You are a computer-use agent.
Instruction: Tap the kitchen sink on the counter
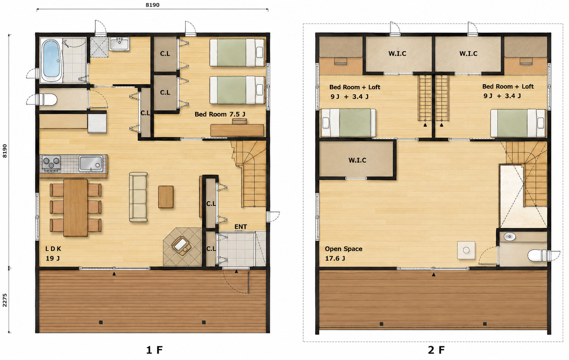91,164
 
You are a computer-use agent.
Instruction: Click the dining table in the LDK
75,208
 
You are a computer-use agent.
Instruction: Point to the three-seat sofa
138,197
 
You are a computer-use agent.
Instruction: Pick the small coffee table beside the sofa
166,197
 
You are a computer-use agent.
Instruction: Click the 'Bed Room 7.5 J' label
220,114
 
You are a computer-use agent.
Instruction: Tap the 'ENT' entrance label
241,227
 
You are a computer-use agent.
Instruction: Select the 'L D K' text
53,249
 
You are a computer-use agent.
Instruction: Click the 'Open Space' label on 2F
343,249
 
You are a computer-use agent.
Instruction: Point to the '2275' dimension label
5,300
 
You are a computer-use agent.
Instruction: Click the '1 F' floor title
154,350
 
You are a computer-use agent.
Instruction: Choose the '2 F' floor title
436,350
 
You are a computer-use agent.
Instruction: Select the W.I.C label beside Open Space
358,160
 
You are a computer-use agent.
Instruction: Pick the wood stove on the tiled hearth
181,246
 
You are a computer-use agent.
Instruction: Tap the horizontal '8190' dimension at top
152,5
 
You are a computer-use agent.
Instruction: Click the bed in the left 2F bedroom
348,123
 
